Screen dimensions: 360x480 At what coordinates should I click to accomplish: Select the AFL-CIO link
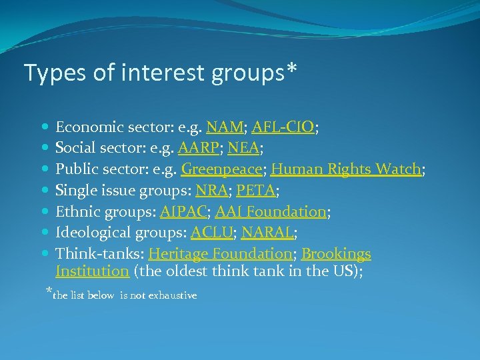point(283,127)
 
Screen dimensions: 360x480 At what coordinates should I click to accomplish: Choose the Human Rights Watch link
point(345,169)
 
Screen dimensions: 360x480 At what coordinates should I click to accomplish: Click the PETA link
point(256,191)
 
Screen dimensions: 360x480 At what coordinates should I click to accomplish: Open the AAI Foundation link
point(270,212)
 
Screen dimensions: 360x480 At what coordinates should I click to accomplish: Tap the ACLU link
point(211,233)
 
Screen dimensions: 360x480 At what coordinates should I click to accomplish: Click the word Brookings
point(336,254)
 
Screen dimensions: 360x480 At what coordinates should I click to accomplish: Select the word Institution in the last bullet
point(92,271)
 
